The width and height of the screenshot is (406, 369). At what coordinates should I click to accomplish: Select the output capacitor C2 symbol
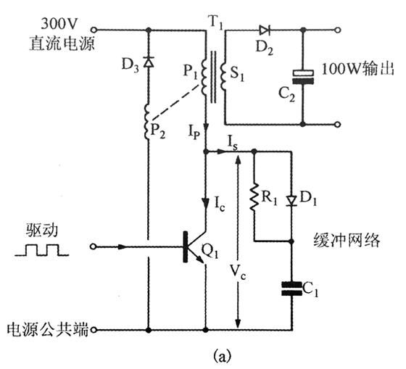pyautogui.click(x=301, y=77)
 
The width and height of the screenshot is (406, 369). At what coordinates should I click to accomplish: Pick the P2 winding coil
pyautogui.click(x=149, y=122)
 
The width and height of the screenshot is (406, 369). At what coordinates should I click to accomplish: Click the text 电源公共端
pyautogui.click(x=44, y=330)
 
